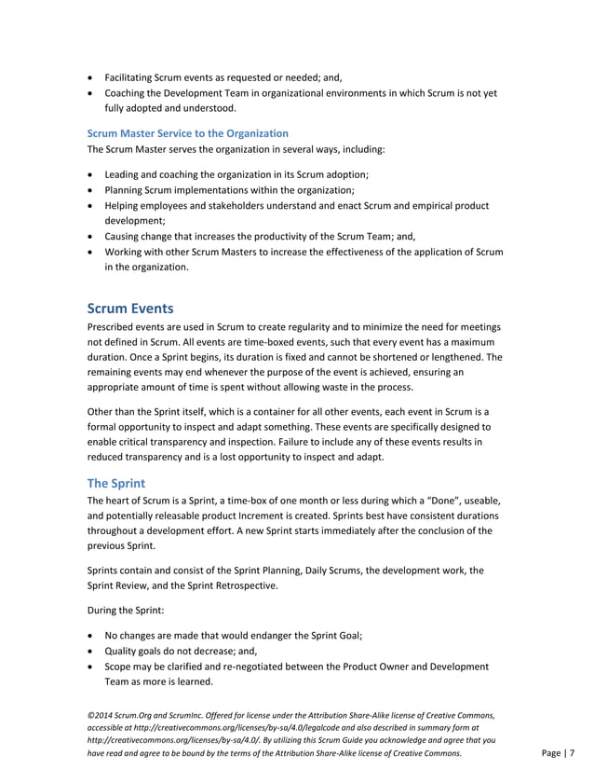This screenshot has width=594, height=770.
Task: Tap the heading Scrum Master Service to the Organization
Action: click(187, 133)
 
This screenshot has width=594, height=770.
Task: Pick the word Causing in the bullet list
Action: click(124, 237)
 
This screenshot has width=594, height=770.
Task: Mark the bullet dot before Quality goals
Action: click(89, 652)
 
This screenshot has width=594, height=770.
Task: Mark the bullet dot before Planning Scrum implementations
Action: click(89, 189)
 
